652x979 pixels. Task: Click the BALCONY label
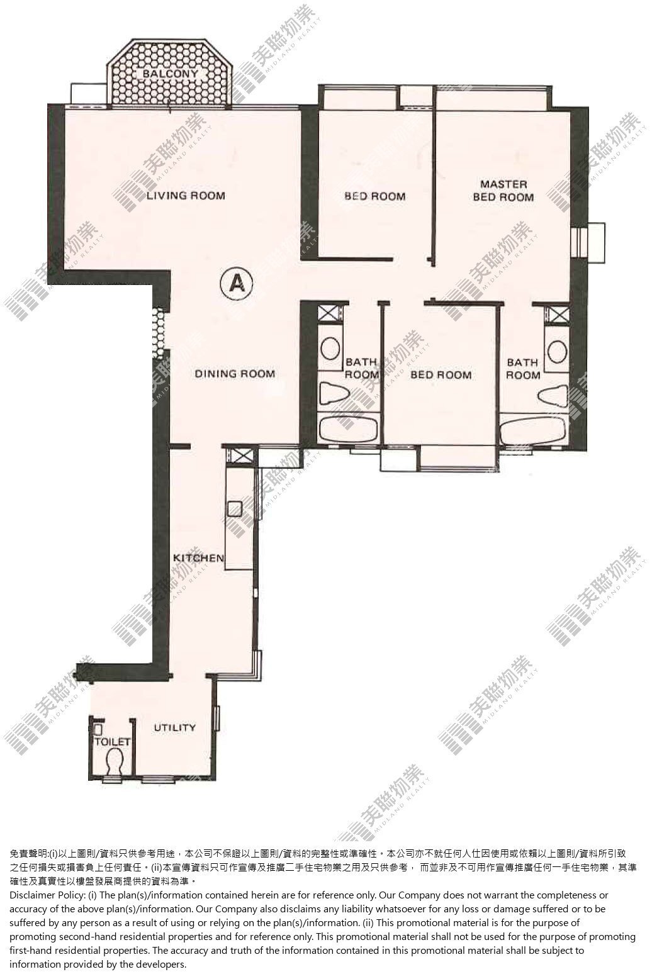click(x=170, y=74)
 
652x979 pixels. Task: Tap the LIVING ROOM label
click(x=186, y=196)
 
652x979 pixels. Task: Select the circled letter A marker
click(x=237, y=284)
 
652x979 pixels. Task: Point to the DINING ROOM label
click(x=235, y=374)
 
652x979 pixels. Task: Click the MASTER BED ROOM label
click(x=503, y=191)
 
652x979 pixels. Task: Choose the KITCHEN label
click(x=198, y=558)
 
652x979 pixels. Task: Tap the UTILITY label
click(x=174, y=727)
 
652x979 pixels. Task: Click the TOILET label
click(x=113, y=742)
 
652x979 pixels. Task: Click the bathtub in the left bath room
click(x=349, y=430)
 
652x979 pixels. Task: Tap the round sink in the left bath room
click(x=331, y=349)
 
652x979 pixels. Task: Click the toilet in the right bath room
click(x=553, y=396)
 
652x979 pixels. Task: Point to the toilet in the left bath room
click(x=335, y=393)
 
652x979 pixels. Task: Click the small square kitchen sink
click(x=235, y=508)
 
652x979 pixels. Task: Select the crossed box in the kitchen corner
click(x=240, y=457)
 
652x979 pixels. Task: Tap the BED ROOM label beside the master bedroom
click(x=374, y=196)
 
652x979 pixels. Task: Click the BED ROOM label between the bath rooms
click(x=441, y=374)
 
